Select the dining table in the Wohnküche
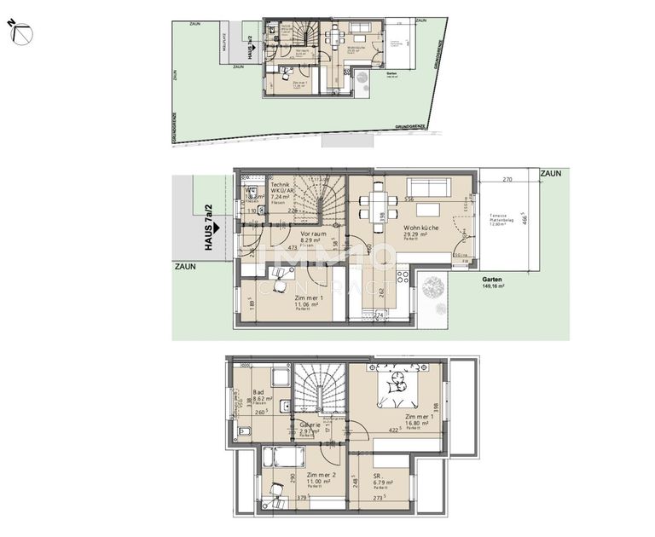click(377, 205)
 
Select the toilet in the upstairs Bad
click(244, 432)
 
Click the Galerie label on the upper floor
click(309, 425)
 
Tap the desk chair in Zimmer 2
click(275, 489)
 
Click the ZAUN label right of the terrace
click(550, 173)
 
